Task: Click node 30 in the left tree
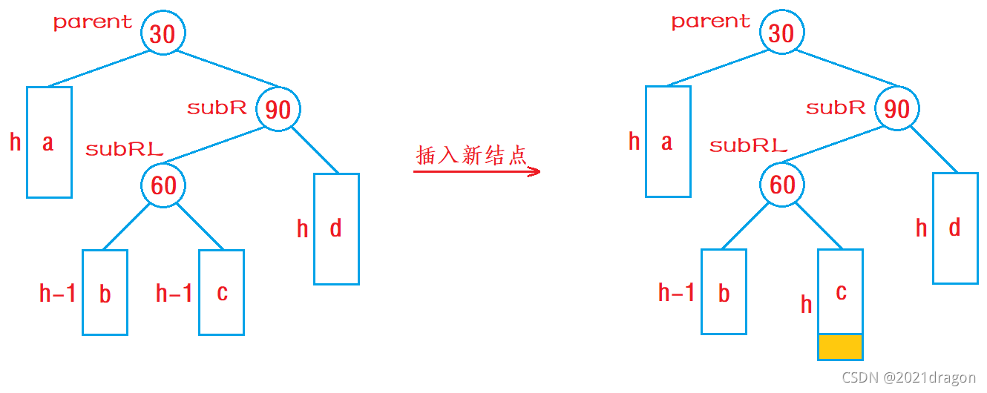click(x=163, y=33)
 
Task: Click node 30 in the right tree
click(x=781, y=33)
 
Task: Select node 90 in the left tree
click(x=278, y=110)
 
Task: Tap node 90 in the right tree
click(x=897, y=109)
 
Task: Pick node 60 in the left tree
click(x=163, y=185)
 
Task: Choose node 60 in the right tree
click(x=782, y=185)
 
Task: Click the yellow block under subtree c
click(x=840, y=346)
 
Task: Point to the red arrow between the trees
click(x=476, y=171)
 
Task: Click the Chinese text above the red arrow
click(x=471, y=156)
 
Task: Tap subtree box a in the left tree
click(x=49, y=142)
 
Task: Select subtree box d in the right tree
click(x=955, y=228)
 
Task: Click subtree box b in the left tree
click(x=105, y=292)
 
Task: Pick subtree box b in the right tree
click(x=724, y=292)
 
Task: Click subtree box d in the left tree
click(x=336, y=228)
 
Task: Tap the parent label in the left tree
click(x=93, y=22)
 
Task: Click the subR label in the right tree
click(x=836, y=108)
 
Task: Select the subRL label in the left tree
click(x=124, y=149)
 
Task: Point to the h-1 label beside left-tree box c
click(x=174, y=294)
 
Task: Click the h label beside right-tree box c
click(x=807, y=304)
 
